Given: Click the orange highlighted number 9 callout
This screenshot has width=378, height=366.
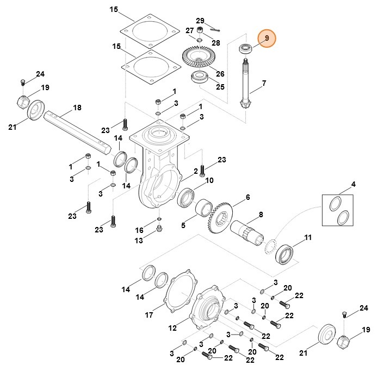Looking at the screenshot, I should (x=267, y=38).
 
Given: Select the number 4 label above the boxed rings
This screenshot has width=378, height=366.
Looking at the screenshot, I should (x=353, y=185).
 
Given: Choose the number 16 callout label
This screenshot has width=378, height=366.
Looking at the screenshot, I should (x=139, y=230).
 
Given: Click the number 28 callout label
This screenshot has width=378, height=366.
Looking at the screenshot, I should (x=216, y=42).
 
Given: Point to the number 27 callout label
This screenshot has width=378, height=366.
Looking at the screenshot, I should (x=189, y=30).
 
